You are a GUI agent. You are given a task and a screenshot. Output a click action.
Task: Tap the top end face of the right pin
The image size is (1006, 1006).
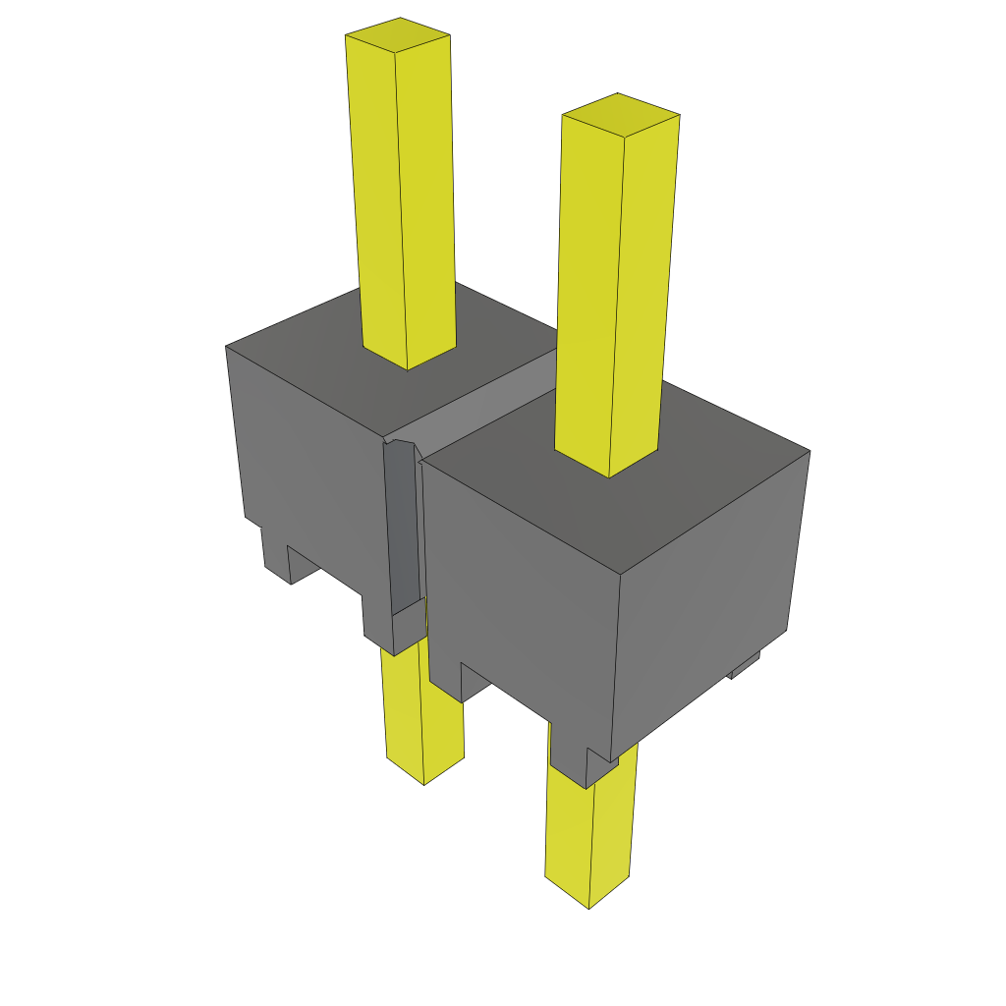620,114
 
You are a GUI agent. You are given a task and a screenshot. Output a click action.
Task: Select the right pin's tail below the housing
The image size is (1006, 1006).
589,835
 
